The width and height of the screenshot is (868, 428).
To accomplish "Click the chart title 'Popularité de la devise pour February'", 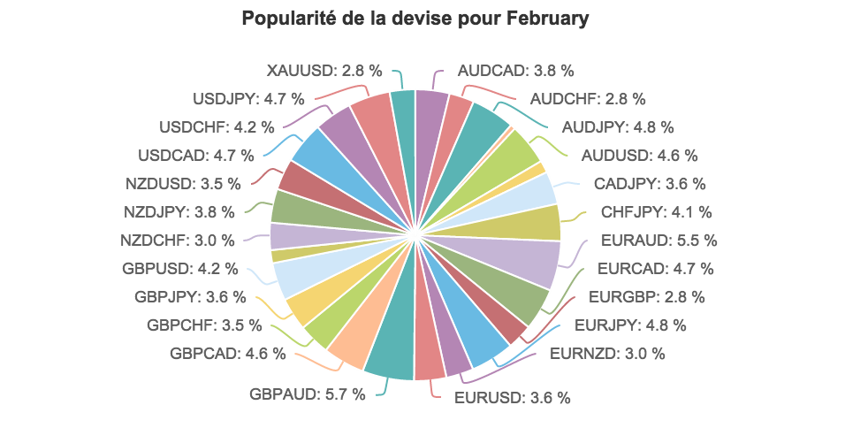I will pyautogui.click(x=415, y=19).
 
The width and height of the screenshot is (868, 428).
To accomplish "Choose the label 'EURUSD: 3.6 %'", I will pyautogui.click(x=513, y=397).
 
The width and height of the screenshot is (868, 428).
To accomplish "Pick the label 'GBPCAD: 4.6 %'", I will pyautogui.click(x=228, y=354).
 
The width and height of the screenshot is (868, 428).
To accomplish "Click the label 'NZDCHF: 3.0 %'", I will pyautogui.click(x=178, y=240).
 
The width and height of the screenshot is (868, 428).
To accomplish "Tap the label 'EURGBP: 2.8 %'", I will pyautogui.click(x=641, y=296).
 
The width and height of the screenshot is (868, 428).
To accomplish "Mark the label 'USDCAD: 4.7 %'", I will pyautogui.click(x=196, y=156).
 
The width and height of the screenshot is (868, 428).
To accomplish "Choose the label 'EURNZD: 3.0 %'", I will pyautogui.click(x=607, y=354).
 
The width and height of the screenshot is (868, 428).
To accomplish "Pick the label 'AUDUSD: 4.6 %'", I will pyautogui.click(x=639, y=156).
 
